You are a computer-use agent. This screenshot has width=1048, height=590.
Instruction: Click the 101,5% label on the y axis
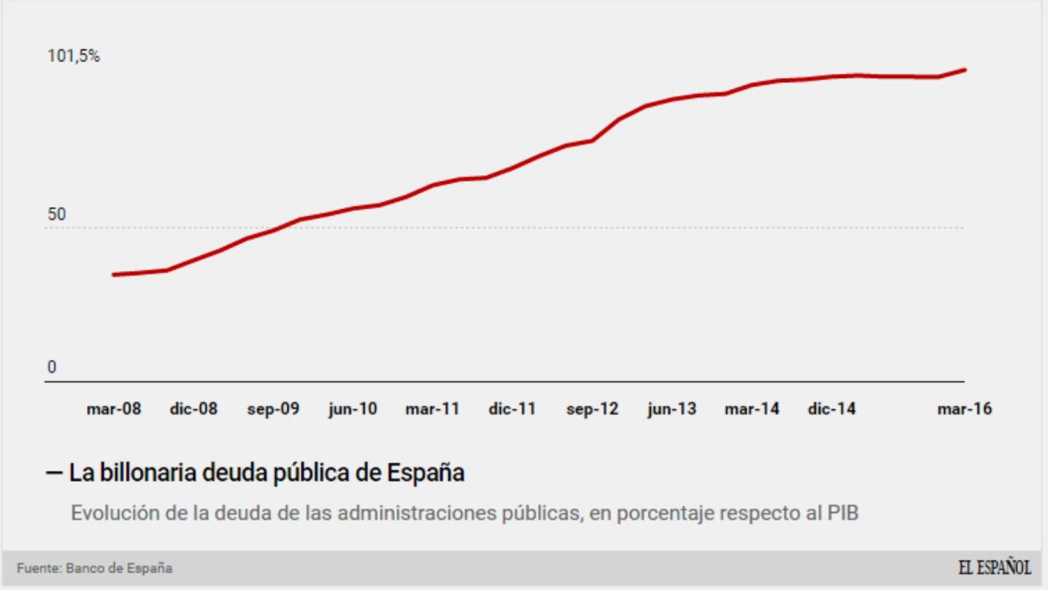73,56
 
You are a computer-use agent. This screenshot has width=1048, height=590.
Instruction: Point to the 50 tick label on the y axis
57,214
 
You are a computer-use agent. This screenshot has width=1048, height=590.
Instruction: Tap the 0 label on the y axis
52,367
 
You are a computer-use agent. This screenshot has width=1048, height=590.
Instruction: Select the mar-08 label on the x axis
114,409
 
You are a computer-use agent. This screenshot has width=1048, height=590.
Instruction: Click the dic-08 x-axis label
194,409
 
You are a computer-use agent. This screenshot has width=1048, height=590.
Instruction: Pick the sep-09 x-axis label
273,409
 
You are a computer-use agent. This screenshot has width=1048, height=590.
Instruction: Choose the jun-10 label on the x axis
353,409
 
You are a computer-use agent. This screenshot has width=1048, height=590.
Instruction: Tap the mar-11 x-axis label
432,409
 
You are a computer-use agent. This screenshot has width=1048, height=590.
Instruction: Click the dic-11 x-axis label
512,409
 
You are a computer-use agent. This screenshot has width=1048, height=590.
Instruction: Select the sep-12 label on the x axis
592,409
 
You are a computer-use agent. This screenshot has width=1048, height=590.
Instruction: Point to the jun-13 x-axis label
672,409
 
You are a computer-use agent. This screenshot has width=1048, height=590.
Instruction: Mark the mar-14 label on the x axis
752,409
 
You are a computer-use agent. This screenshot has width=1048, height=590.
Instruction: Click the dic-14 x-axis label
832,409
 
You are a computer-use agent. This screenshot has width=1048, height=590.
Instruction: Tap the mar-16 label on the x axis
964,409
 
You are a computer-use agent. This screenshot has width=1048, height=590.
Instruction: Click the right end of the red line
964,70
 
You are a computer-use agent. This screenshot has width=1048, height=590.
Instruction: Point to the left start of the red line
114,275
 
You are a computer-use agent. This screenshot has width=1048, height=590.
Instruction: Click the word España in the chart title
425,473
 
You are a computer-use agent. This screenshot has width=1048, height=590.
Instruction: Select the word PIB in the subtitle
842,513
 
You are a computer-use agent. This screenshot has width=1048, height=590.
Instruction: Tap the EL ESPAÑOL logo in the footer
994,567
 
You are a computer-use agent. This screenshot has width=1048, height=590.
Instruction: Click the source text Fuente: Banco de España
95,568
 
